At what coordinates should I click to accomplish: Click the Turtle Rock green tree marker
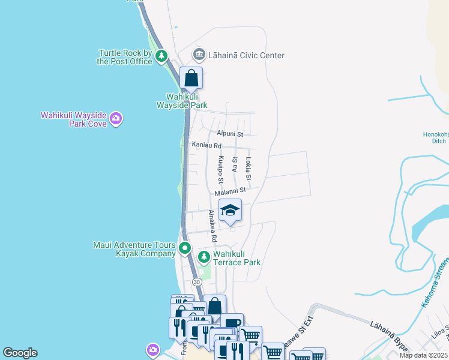(x=161, y=56)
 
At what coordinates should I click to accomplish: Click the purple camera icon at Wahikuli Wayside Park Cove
(x=116, y=119)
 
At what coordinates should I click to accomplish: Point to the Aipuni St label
(x=230, y=134)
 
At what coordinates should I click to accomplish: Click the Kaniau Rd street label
(x=206, y=146)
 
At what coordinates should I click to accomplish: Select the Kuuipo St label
(x=221, y=170)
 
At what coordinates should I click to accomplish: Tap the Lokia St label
(x=249, y=170)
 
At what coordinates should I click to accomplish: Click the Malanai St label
(x=231, y=191)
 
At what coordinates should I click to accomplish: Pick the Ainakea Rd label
(x=212, y=226)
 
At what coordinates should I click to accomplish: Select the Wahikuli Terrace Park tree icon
(x=204, y=257)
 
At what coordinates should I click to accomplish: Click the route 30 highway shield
(x=196, y=282)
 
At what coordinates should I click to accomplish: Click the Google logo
(x=20, y=353)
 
